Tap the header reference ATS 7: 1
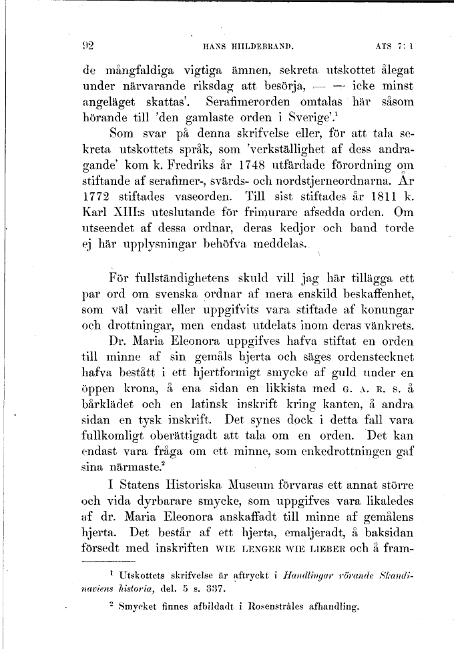(396, 47)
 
